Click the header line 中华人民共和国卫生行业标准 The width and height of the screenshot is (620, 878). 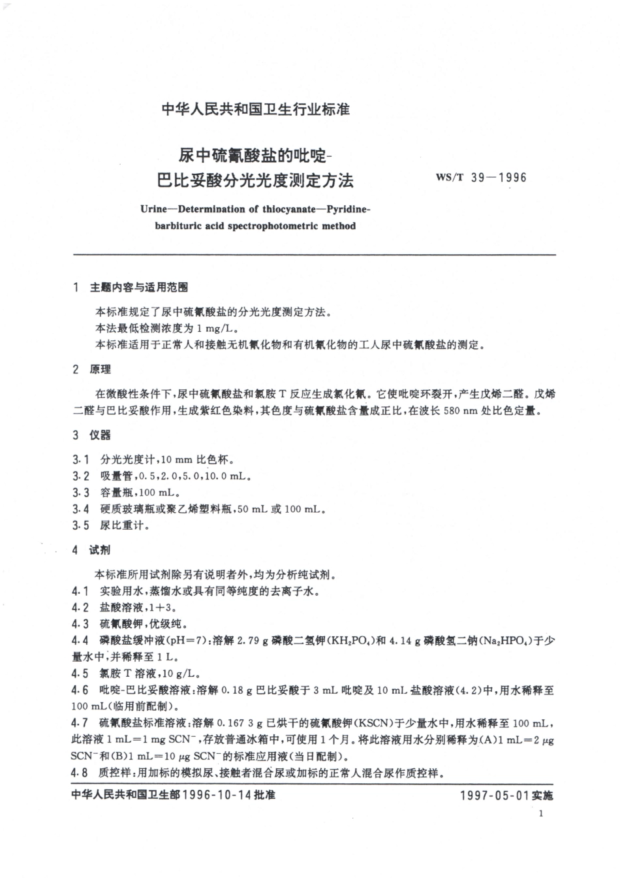(255, 109)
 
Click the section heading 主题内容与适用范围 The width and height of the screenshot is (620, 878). (139, 287)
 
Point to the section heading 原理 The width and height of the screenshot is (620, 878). (101, 369)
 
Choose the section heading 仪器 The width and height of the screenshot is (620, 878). (101, 435)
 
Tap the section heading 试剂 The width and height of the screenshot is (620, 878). (101, 550)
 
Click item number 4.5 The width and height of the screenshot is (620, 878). (80, 673)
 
